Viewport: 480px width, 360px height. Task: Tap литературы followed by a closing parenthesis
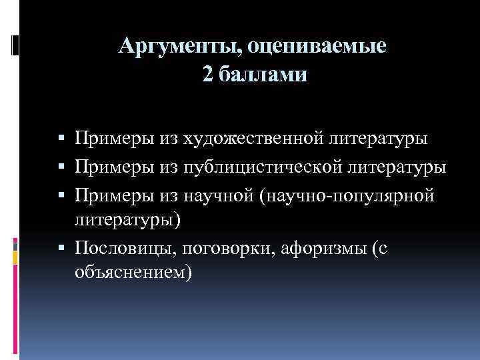pyautogui.click(x=127, y=219)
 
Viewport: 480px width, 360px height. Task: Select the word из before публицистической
pyautogui.click(x=169, y=167)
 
